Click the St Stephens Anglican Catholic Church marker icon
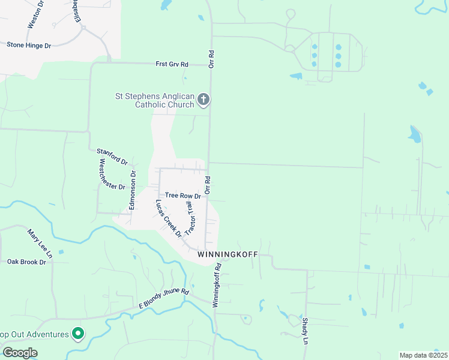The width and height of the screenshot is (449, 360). (x=203, y=99)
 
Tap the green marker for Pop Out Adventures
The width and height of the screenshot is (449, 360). (x=77, y=333)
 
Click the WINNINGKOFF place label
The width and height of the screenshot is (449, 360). (x=228, y=255)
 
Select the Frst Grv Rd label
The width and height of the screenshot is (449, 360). (x=172, y=64)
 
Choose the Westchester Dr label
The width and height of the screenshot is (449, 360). (x=112, y=174)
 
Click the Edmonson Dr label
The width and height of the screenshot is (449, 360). (x=133, y=191)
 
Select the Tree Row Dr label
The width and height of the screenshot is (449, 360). (x=182, y=196)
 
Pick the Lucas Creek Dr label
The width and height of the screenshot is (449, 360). (x=169, y=218)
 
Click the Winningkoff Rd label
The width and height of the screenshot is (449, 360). (x=217, y=285)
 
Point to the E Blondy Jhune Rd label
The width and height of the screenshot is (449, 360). (x=164, y=299)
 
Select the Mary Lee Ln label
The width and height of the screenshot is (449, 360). (x=40, y=243)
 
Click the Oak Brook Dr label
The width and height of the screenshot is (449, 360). (x=26, y=262)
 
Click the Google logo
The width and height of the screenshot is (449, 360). (x=20, y=353)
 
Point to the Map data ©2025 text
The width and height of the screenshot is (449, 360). (x=423, y=355)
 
